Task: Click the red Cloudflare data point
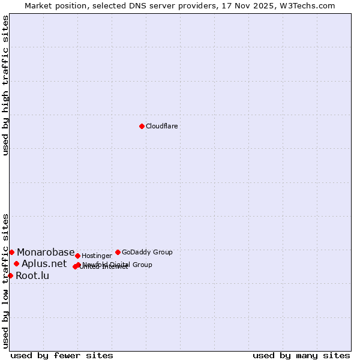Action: pyautogui.click(x=142, y=126)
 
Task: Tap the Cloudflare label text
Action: pyautogui.click(x=162, y=127)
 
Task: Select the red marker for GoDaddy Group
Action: pyautogui.click(x=118, y=252)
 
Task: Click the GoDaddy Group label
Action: pyautogui.click(x=147, y=253)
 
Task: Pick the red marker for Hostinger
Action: pyautogui.click(x=77, y=256)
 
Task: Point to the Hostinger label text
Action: pyautogui.click(x=97, y=256)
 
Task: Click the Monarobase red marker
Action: pyautogui.click(x=11, y=252)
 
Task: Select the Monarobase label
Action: pyautogui.click(x=46, y=253)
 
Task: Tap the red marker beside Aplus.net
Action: pyautogui.click(x=16, y=263)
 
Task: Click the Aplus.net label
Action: pyautogui.click(x=44, y=264)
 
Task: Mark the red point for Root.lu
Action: pyautogui.click(x=10, y=275)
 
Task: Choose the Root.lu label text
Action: pyautogui.click(x=32, y=276)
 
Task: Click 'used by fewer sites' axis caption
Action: pyautogui.click(x=62, y=355)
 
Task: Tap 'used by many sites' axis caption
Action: pyautogui.click(x=301, y=355)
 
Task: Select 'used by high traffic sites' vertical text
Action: pyautogui.click(x=6, y=85)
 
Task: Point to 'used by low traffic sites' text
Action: pyautogui.click(x=6, y=280)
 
